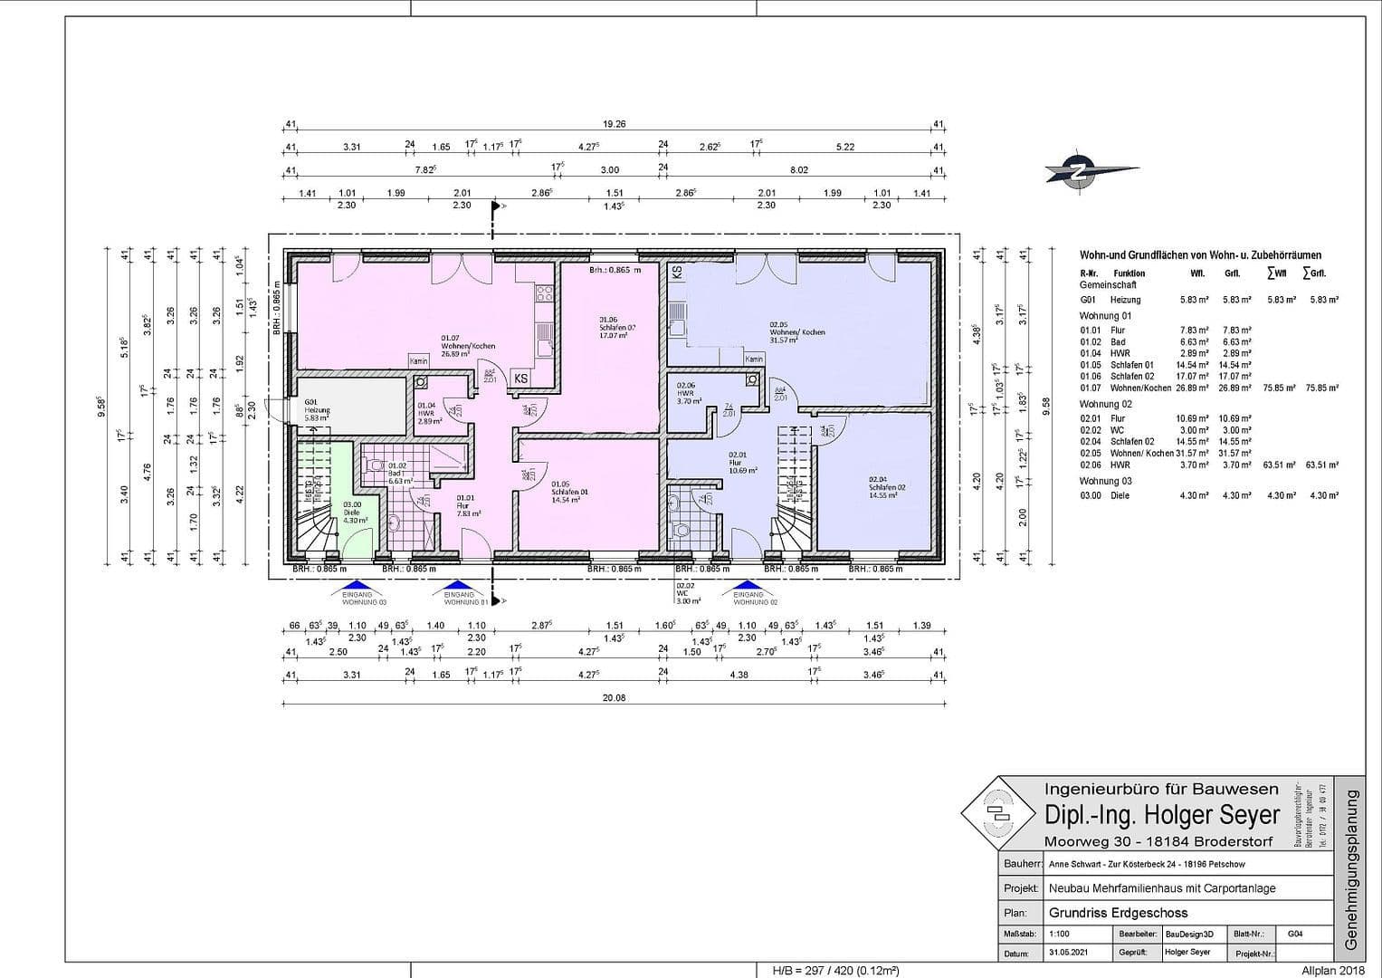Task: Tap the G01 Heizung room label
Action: [318, 409]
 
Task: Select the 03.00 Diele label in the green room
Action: [353, 513]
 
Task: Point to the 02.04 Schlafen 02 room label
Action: [886, 487]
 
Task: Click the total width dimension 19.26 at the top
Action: [615, 125]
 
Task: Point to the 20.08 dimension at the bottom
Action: [615, 698]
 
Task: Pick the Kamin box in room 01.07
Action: [418, 361]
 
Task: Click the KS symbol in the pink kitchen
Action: [520, 379]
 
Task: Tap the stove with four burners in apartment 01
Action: [545, 292]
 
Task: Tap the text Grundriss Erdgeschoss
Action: [1118, 913]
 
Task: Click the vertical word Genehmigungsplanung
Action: [1352, 868]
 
